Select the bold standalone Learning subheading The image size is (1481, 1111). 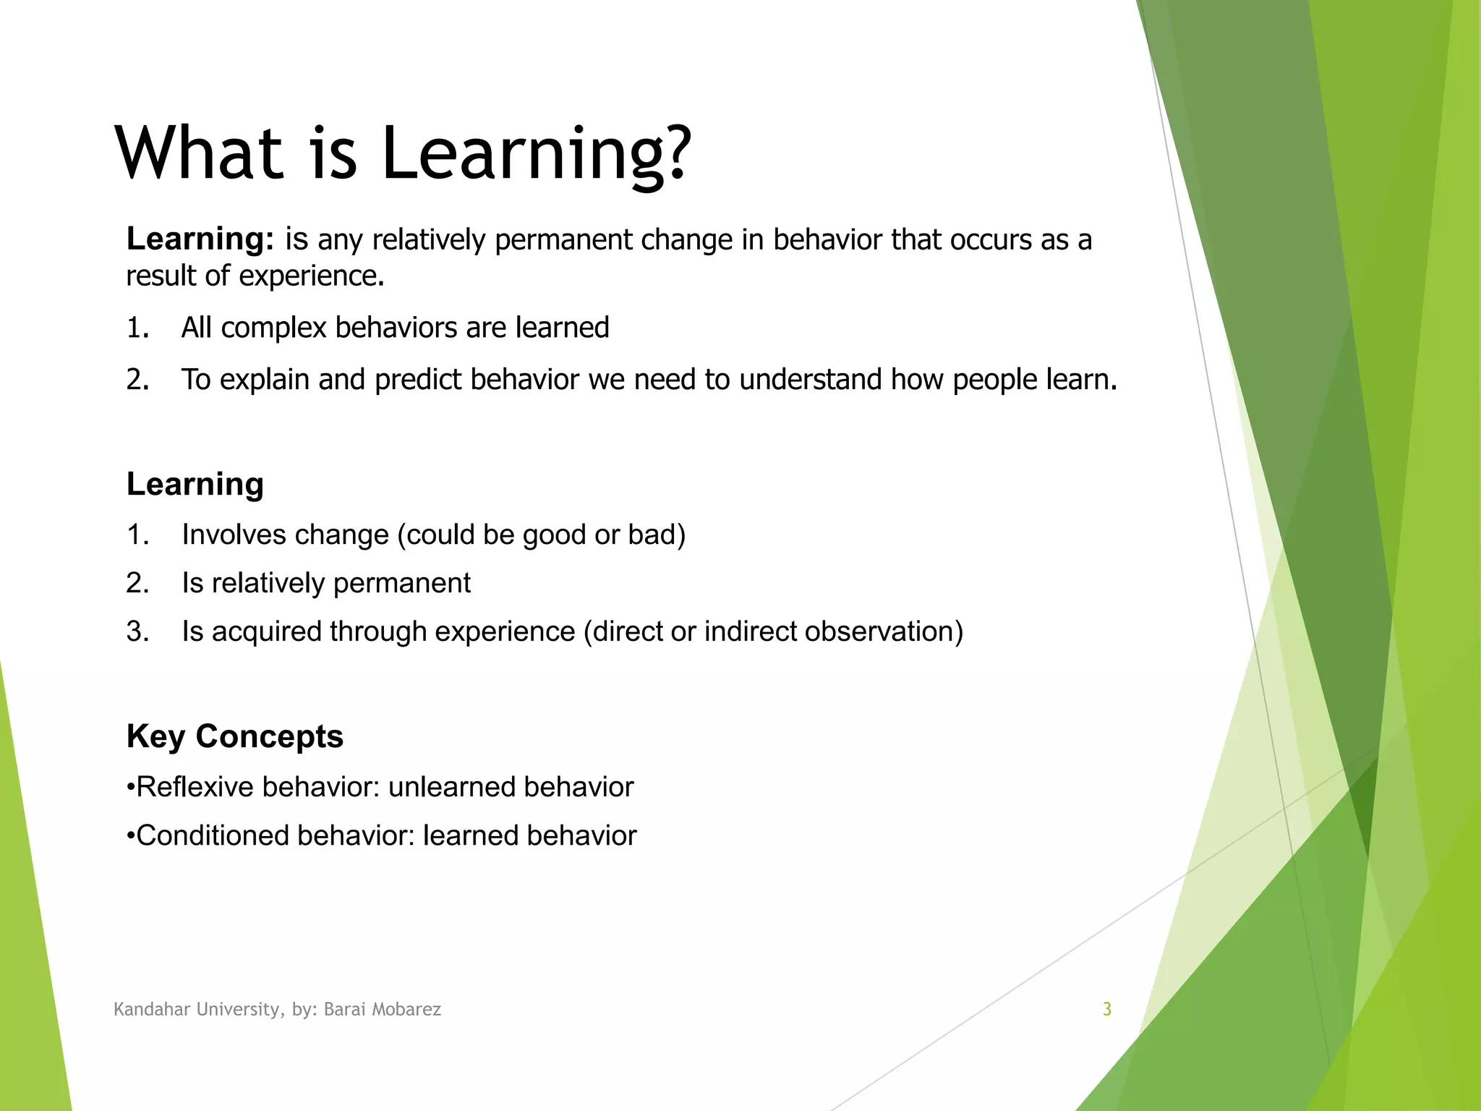tap(195, 484)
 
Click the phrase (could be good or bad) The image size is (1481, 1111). tap(541, 535)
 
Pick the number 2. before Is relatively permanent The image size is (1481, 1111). tap(137, 583)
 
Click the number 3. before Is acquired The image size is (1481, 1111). tap(137, 631)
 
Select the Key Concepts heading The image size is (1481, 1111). tap(234, 736)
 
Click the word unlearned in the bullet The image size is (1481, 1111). tap(451, 787)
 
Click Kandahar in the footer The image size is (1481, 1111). tap(149, 1010)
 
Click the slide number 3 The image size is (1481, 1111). tap(1106, 1010)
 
